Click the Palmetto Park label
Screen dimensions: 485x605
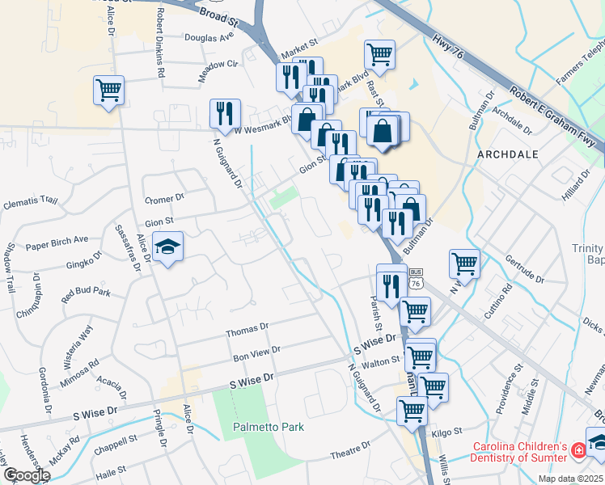click(269, 426)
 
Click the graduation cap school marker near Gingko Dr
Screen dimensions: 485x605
click(168, 247)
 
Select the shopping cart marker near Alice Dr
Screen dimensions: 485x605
click(108, 91)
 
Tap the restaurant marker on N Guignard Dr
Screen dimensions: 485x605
click(225, 114)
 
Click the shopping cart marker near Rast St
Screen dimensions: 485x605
click(379, 55)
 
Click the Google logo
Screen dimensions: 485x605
click(27, 475)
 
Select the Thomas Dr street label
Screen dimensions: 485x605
click(247, 329)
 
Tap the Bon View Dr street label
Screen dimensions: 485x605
click(256, 352)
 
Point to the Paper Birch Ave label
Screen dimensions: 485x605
click(57, 240)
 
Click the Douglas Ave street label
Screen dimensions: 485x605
click(209, 37)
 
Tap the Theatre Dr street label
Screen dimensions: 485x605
click(349, 455)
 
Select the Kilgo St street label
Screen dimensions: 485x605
click(446, 432)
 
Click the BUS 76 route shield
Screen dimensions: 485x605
click(417, 279)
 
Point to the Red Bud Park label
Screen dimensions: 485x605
click(86, 293)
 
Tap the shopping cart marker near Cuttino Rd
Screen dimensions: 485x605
click(464, 263)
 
